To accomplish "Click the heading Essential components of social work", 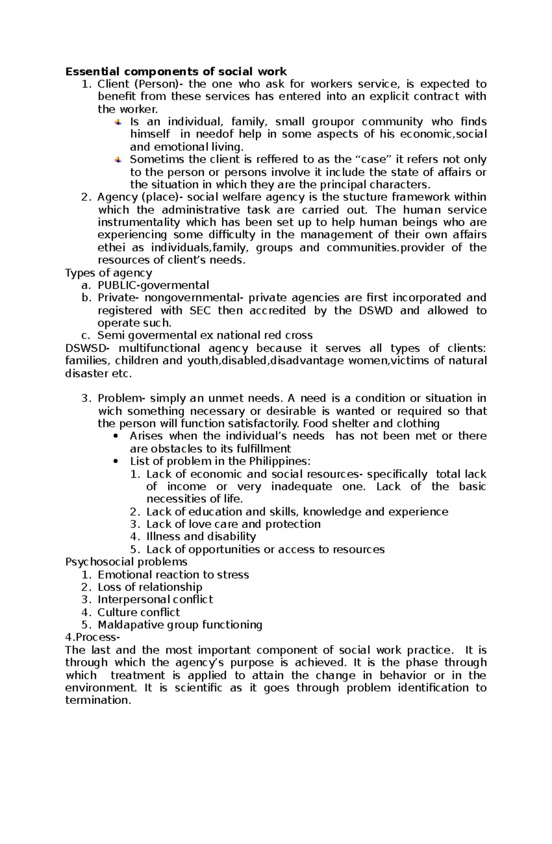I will pos(176,72).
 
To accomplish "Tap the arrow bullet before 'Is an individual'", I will pos(118,122).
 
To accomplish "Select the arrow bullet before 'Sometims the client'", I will pos(118,160).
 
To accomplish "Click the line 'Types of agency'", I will pos(109,273).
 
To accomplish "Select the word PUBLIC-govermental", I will pos(153,285).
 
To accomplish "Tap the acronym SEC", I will pos(200,310).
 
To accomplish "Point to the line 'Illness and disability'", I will pos(201,537).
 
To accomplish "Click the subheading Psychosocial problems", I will pos(126,562).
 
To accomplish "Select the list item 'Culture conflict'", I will pos(138,612).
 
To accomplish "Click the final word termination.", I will pos(98,700).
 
